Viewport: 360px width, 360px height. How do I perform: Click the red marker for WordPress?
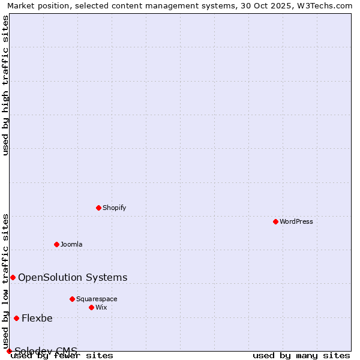click(275, 221)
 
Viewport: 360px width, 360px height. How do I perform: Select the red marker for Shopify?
click(98, 208)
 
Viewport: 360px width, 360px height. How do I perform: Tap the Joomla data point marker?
click(56, 244)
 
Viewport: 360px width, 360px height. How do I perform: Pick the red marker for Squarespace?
click(72, 299)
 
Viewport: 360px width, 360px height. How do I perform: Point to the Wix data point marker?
click(91, 307)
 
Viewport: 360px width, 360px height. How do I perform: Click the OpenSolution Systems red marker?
click(13, 277)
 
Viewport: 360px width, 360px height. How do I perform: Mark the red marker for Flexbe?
click(16, 318)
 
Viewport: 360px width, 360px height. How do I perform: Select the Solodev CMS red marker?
click(9, 351)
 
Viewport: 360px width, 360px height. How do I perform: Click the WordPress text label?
click(296, 221)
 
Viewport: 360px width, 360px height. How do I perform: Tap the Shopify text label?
click(114, 208)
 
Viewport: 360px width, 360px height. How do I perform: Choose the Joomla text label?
click(71, 244)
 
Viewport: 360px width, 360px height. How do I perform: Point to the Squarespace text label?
click(97, 299)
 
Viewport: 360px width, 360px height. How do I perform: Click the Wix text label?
click(101, 307)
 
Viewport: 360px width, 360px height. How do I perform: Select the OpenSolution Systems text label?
click(73, 277)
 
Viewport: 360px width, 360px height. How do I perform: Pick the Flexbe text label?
click(37, 318)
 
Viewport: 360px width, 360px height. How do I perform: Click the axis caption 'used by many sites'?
click(301, 355)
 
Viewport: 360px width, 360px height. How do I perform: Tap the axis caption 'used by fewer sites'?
click(62, 355)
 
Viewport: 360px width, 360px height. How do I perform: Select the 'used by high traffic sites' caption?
click(5, 85)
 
